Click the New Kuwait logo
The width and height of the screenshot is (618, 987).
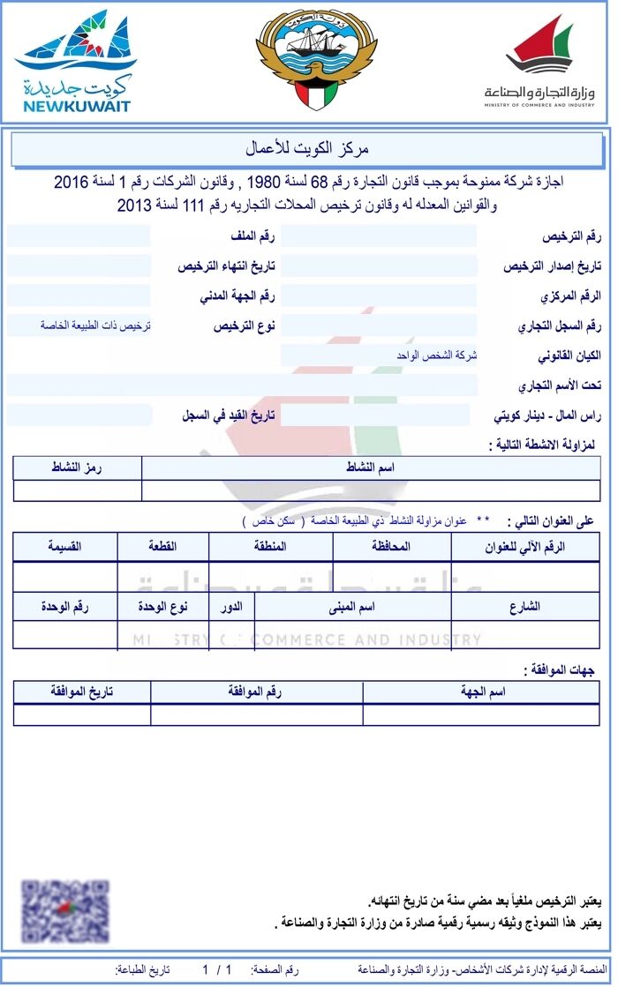pos(75,62)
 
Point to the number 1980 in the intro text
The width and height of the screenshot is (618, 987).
pos(262,183)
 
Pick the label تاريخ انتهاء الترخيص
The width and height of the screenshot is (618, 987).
pos(227,266)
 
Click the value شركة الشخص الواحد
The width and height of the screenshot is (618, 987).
pos(436,355)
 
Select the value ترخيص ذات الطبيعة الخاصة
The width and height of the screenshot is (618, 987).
pos(95,325)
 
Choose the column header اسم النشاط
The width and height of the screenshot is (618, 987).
pos(370,467)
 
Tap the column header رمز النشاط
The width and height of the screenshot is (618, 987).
pos(78,467)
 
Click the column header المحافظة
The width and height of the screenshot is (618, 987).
pos(392,547)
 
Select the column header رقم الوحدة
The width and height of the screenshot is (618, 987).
pos(65,607)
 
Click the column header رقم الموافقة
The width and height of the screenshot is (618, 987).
pos(256,692)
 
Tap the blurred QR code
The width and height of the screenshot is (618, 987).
pos(65,910)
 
